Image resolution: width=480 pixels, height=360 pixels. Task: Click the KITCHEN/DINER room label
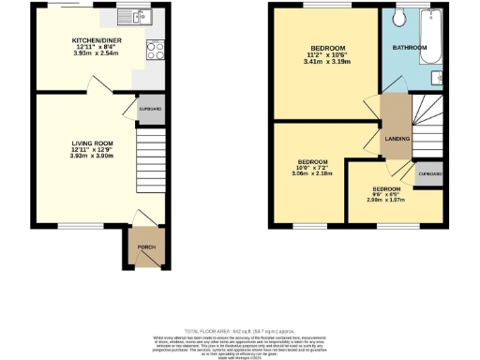[95, 40]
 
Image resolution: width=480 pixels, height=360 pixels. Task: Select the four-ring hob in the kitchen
[153, 52]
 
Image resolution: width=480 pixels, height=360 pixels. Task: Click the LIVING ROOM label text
[92, 143]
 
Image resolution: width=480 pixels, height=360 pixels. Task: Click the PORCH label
[144, 246]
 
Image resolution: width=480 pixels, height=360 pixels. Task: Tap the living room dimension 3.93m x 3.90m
[92, 157]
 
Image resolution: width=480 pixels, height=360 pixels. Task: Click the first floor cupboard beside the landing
[429, 173]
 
